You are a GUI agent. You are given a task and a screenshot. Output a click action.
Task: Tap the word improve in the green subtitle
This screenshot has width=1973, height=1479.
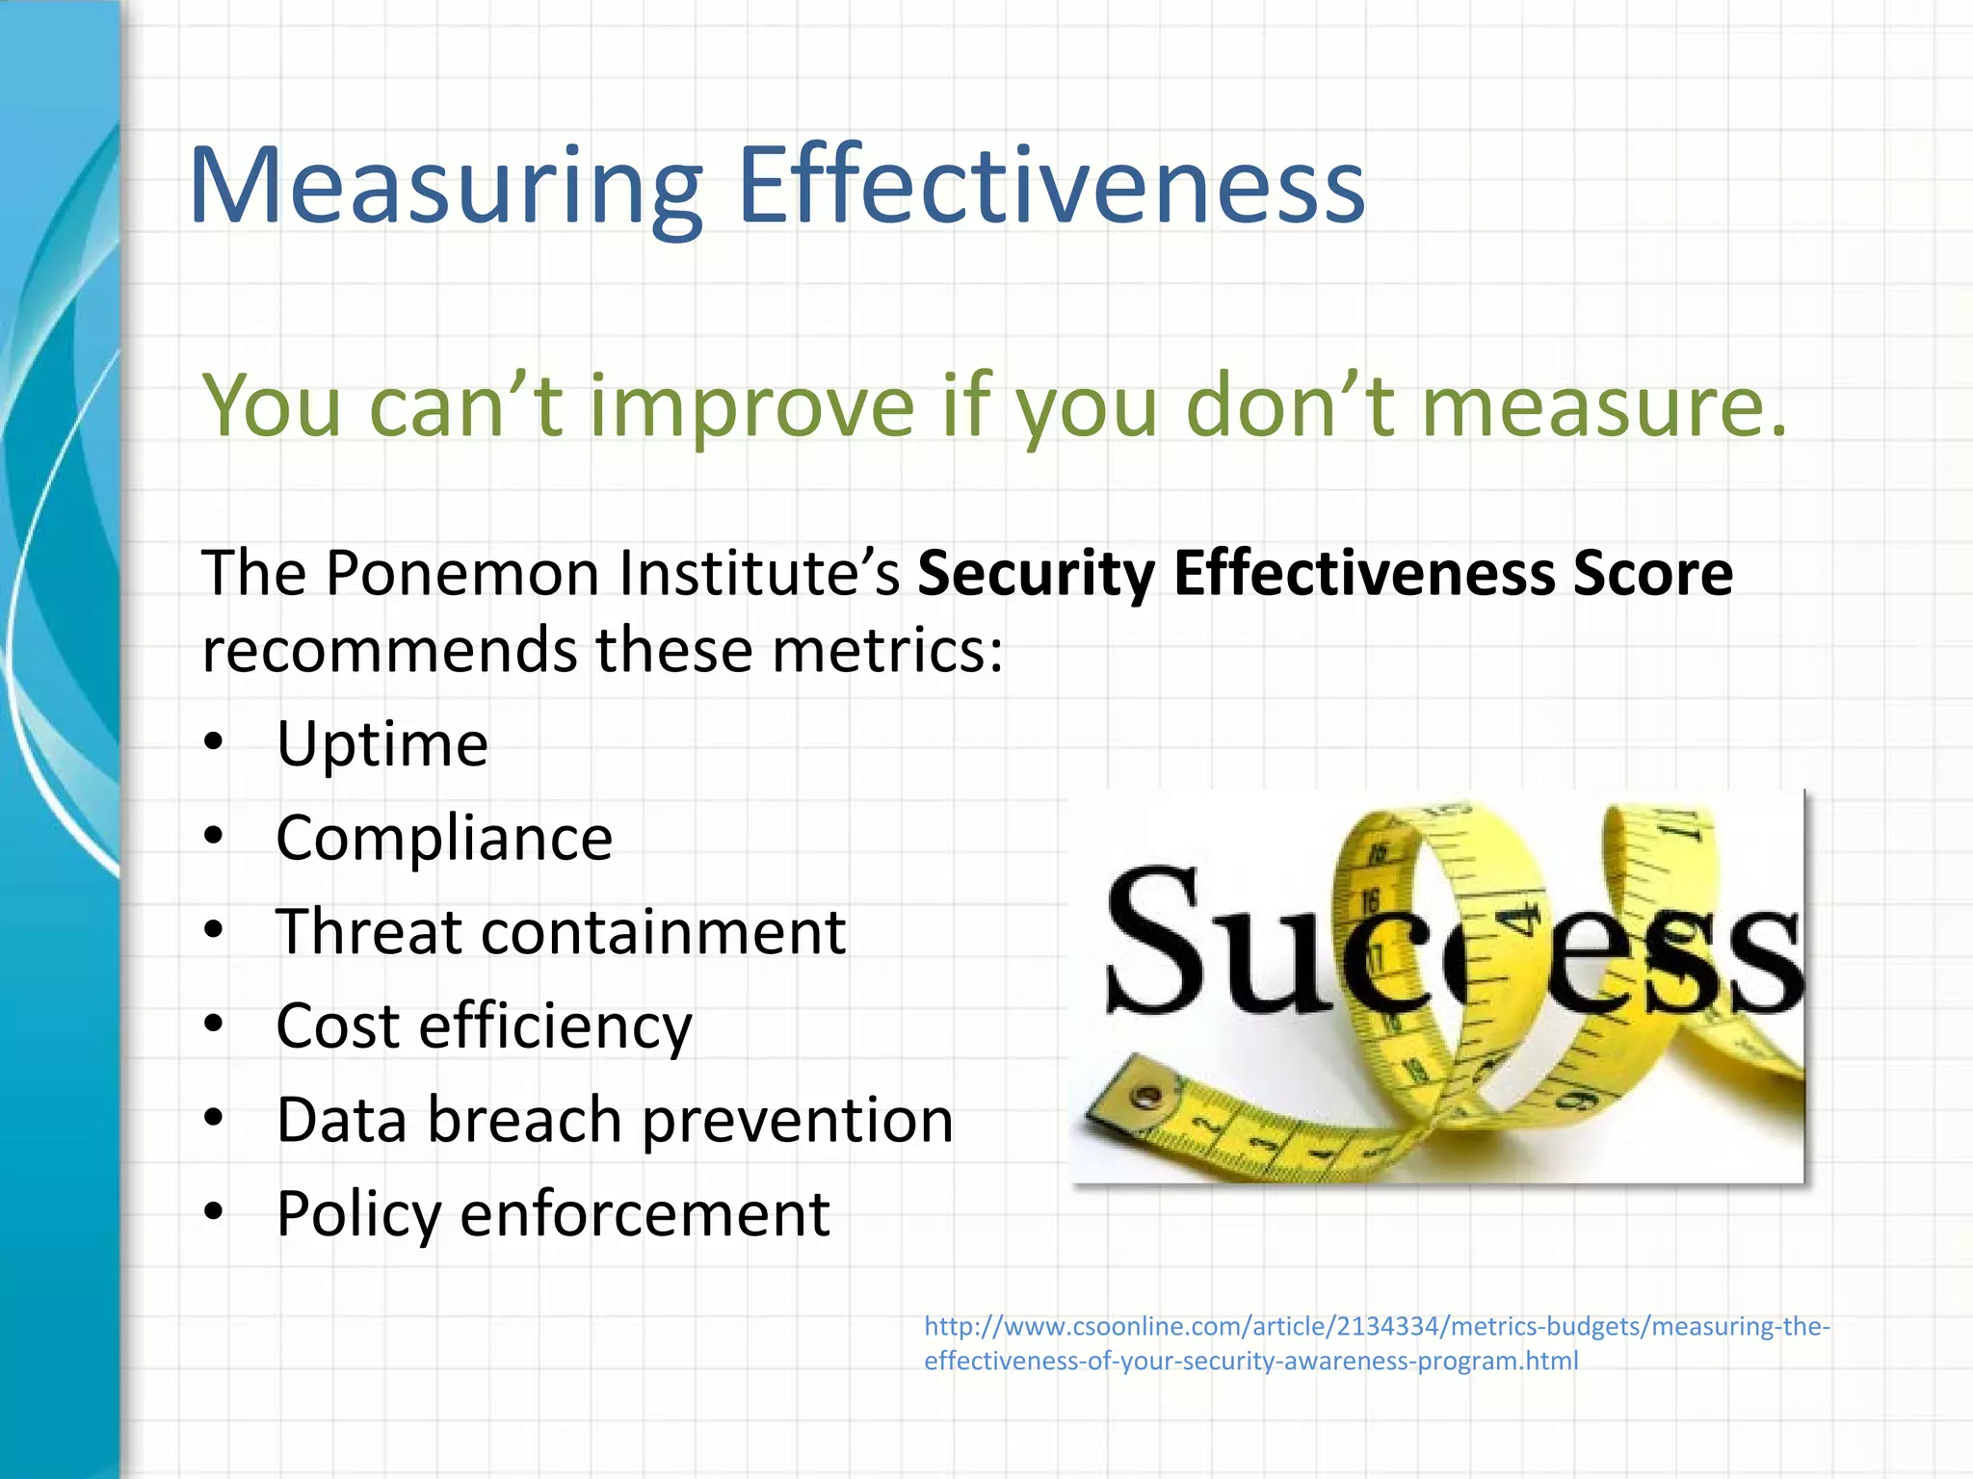coord(751,406)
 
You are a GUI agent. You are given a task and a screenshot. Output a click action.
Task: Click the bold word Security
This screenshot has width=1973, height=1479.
coord(1036,574)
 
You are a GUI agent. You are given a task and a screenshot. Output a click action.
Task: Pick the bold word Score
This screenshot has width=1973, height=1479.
coord(1653,574)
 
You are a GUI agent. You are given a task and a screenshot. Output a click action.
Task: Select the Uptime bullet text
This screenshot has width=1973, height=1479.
coord(382,743)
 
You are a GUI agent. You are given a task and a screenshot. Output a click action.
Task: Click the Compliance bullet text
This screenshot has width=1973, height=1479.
coord(444,838)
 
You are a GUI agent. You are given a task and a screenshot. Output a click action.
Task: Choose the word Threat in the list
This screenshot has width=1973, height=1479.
coord(369,931)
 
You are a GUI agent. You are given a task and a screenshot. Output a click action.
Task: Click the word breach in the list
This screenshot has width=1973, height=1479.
coord(524,1120)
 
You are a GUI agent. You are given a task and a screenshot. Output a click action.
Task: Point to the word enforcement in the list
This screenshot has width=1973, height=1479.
coord(645,1213)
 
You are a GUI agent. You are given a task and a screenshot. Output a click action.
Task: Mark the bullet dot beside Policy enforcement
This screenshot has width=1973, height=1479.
coord(213,1211)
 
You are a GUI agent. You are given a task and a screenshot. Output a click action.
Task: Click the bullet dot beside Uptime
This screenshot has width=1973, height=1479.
coord(213,741)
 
